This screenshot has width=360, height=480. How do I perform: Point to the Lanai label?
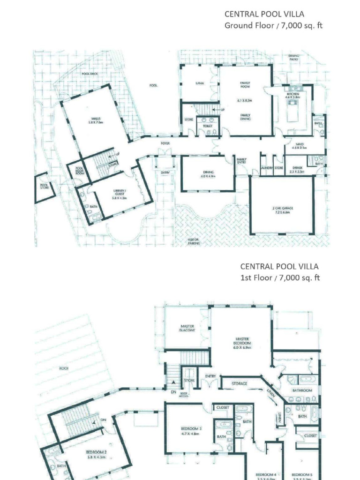[199, 83]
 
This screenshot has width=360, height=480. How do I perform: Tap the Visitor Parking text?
[194, 241]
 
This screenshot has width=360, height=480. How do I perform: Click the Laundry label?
[267, 167]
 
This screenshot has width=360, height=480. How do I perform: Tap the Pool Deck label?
[90, 74]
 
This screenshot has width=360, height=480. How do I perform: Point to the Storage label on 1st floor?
[239, 383]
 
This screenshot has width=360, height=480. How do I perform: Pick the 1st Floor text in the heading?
[255, 277]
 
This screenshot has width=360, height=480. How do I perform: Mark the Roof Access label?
[183, 395]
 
